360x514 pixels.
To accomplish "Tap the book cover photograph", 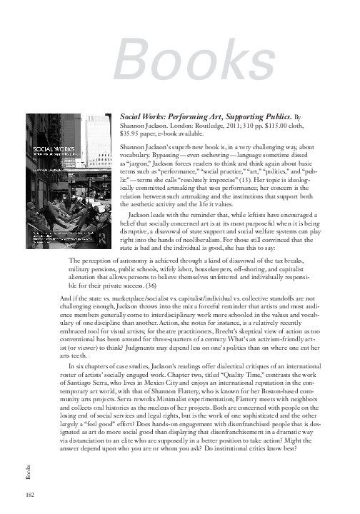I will tap(67, 178).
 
